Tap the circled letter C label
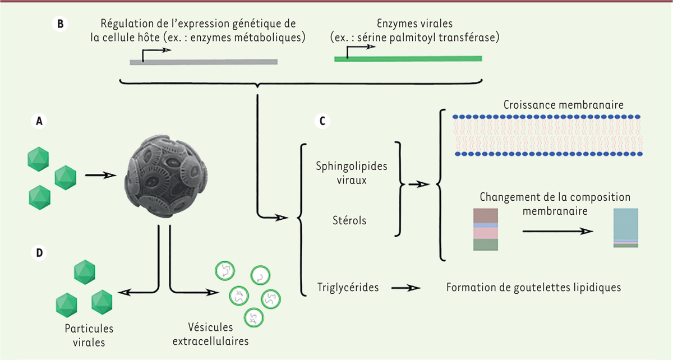(x=322, y=120)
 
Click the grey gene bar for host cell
(x=203, y=62)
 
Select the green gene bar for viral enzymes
(x=408, y=58)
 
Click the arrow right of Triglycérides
(x=406, y=288)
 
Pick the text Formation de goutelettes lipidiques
(x=533, y=288)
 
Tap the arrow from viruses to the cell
(x=102, y=174)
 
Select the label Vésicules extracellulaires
(x=218, y=333)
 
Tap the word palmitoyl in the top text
(x=434, y=39)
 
